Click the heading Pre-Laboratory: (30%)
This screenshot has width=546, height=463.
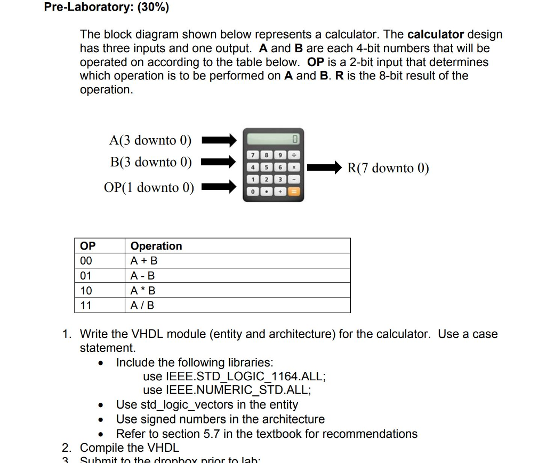coord(107,8)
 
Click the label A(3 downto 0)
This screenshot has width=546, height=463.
coord(150,140)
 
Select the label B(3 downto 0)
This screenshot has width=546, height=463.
coord(151,162)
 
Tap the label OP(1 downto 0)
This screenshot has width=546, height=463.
coord(149,187)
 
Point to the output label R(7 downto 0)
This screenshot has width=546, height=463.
coord(388,168)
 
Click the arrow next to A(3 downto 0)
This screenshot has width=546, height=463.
coord(219,141)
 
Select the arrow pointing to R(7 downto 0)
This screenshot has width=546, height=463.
coord(325,168)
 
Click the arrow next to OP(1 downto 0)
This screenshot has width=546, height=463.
coord(219,187)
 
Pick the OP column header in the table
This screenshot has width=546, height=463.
coord(88,246)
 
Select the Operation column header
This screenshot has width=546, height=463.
coord(156,246)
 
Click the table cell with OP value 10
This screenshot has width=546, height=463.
coord(86,291)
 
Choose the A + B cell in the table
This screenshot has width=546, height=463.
coord(144,261)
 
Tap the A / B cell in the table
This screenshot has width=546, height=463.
coord(142,306)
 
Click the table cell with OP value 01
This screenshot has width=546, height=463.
coord(86,276)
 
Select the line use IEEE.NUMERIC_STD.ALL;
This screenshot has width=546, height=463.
coord(227,390)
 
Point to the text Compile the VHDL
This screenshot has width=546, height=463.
coord(130,448)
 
